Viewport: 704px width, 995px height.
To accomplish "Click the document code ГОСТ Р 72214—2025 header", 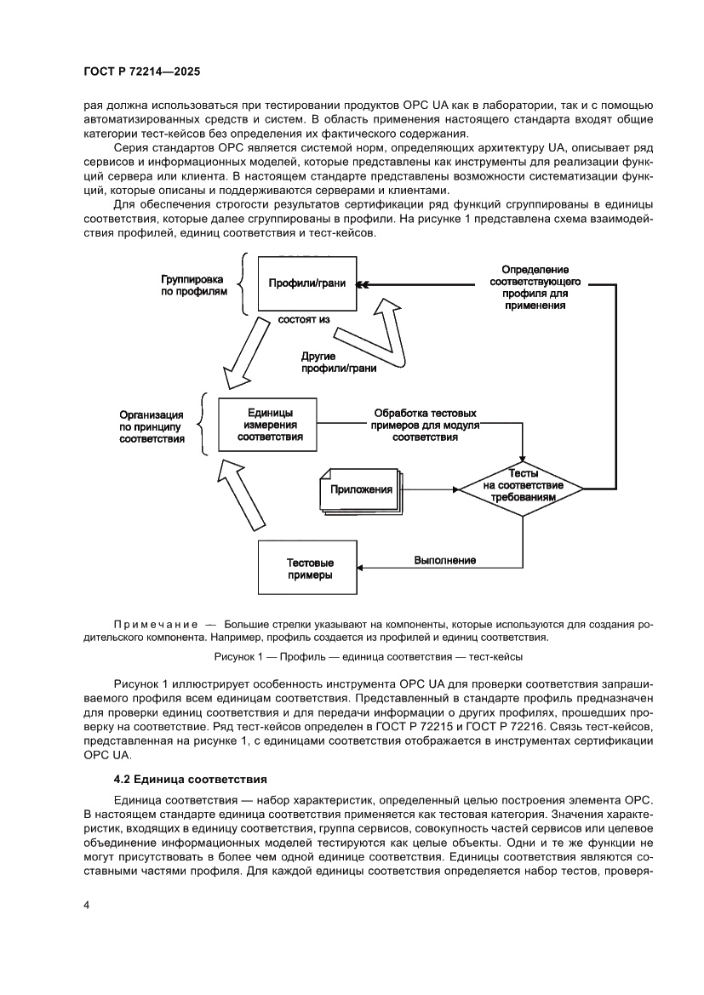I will pos(141,73).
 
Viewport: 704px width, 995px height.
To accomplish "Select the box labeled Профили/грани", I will pos(306,283).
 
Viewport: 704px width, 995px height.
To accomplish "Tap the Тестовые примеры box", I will pos(307,569).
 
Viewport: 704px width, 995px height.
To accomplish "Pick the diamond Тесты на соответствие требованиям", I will pos(523,486).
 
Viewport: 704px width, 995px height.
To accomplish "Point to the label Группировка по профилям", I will pos(194,284).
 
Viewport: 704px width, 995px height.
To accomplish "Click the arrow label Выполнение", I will pos(444,560).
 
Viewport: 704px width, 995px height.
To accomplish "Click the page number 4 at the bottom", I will pos(86,906).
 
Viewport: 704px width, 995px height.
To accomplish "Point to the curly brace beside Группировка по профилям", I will pos(243,285).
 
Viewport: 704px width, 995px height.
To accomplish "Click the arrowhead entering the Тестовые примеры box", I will pos(363,568).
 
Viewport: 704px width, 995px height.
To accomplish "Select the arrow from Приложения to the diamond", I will pos(429,489).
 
